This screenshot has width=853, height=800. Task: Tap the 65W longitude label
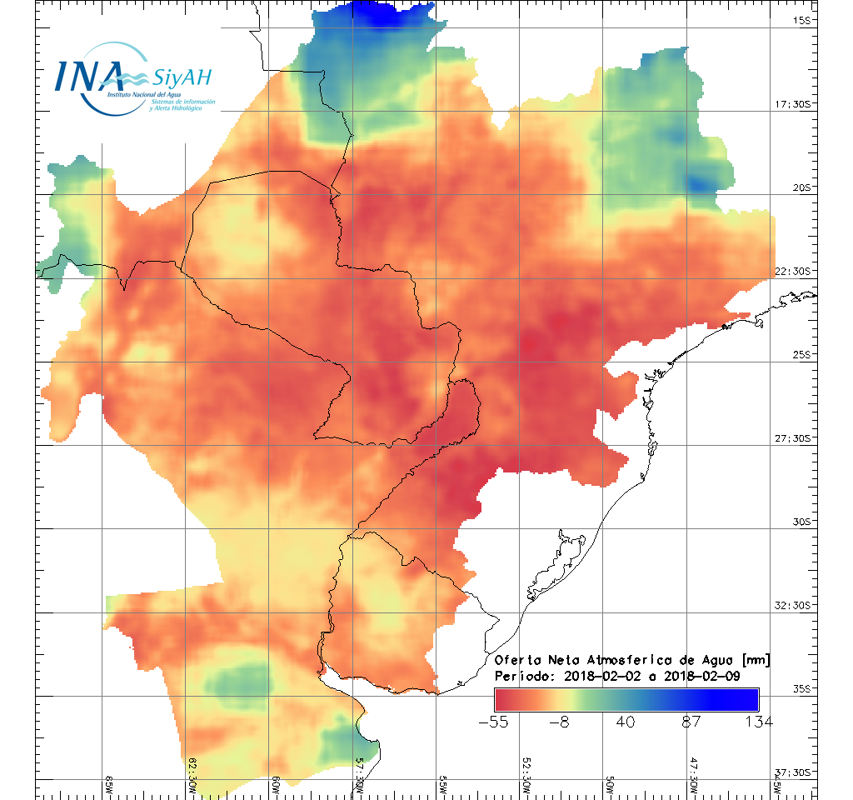click(109, 783)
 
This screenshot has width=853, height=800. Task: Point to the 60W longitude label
click(276, 783)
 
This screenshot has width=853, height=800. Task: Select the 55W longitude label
click(442, 783)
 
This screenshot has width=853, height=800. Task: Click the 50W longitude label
click(609, 783)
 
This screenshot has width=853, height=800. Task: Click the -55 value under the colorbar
click(495, 722)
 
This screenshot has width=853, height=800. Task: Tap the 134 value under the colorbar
click(758, 722)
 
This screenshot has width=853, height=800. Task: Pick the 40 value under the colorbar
click(627, 722)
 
